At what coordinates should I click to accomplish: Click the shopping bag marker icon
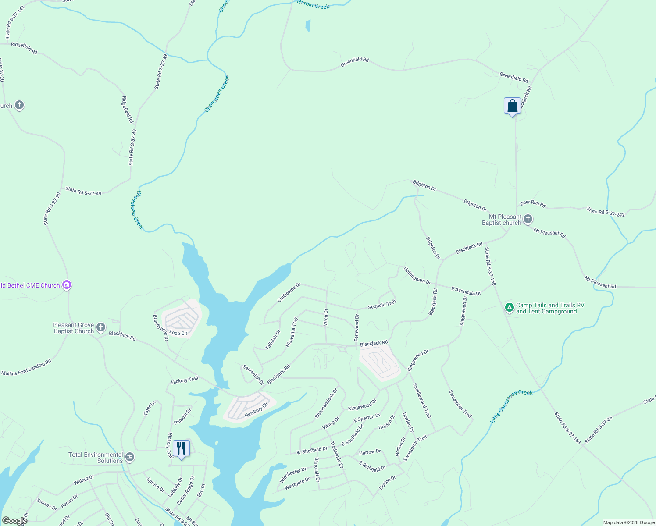[512, 106]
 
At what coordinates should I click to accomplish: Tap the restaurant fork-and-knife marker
[181, 448]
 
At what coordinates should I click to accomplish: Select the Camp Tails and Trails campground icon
[509, 308]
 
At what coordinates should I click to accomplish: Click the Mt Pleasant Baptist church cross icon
[528, 219]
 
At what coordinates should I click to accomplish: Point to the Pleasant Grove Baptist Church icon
[101, 327]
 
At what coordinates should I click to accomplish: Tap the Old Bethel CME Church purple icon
[67, 285]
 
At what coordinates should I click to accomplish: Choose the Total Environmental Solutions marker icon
[129, 457]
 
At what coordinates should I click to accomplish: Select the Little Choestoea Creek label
[511, 406]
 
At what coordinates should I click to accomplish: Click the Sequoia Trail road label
[381, 305]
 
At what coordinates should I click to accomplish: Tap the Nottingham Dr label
[417, 275]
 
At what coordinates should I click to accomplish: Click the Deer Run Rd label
[532, 203]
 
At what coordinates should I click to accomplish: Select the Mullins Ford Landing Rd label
[26, 368]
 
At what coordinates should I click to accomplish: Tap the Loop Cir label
[178, 333]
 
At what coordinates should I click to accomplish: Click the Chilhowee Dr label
[289, 292]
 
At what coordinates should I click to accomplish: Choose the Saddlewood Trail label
[422, 400]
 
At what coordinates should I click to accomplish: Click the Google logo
[14, 520]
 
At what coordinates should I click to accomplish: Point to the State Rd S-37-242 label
[606, 212]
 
